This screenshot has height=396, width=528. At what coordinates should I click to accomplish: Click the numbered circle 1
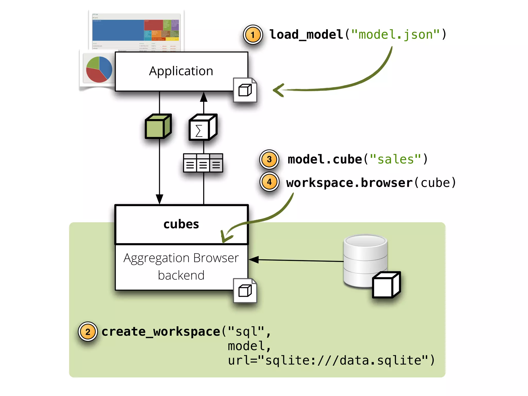[253, 35]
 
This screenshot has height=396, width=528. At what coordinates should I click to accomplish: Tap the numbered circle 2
[88, 332]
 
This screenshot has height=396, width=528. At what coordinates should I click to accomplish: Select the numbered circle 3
[269, 159]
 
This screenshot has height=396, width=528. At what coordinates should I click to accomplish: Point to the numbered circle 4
[269, 182]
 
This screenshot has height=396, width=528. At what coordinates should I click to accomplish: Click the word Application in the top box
[181, 71]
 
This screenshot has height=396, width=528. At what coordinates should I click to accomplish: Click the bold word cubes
[181, 224]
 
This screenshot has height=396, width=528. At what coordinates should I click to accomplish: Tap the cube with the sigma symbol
[203, 127]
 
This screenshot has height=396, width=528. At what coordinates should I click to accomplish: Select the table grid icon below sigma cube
[203, 163]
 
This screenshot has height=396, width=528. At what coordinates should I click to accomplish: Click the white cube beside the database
[386, 285]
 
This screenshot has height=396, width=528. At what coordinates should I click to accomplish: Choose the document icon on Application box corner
[245, 90]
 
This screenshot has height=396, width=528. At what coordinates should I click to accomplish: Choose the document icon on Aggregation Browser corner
[245, 291]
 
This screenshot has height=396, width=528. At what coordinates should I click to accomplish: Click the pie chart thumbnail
[99, 70]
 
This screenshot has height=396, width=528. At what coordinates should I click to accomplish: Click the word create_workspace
[161, 332]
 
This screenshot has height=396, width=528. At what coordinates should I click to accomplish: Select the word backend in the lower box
[181, 275]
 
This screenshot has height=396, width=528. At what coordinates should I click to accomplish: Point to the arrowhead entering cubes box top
[159, 199]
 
